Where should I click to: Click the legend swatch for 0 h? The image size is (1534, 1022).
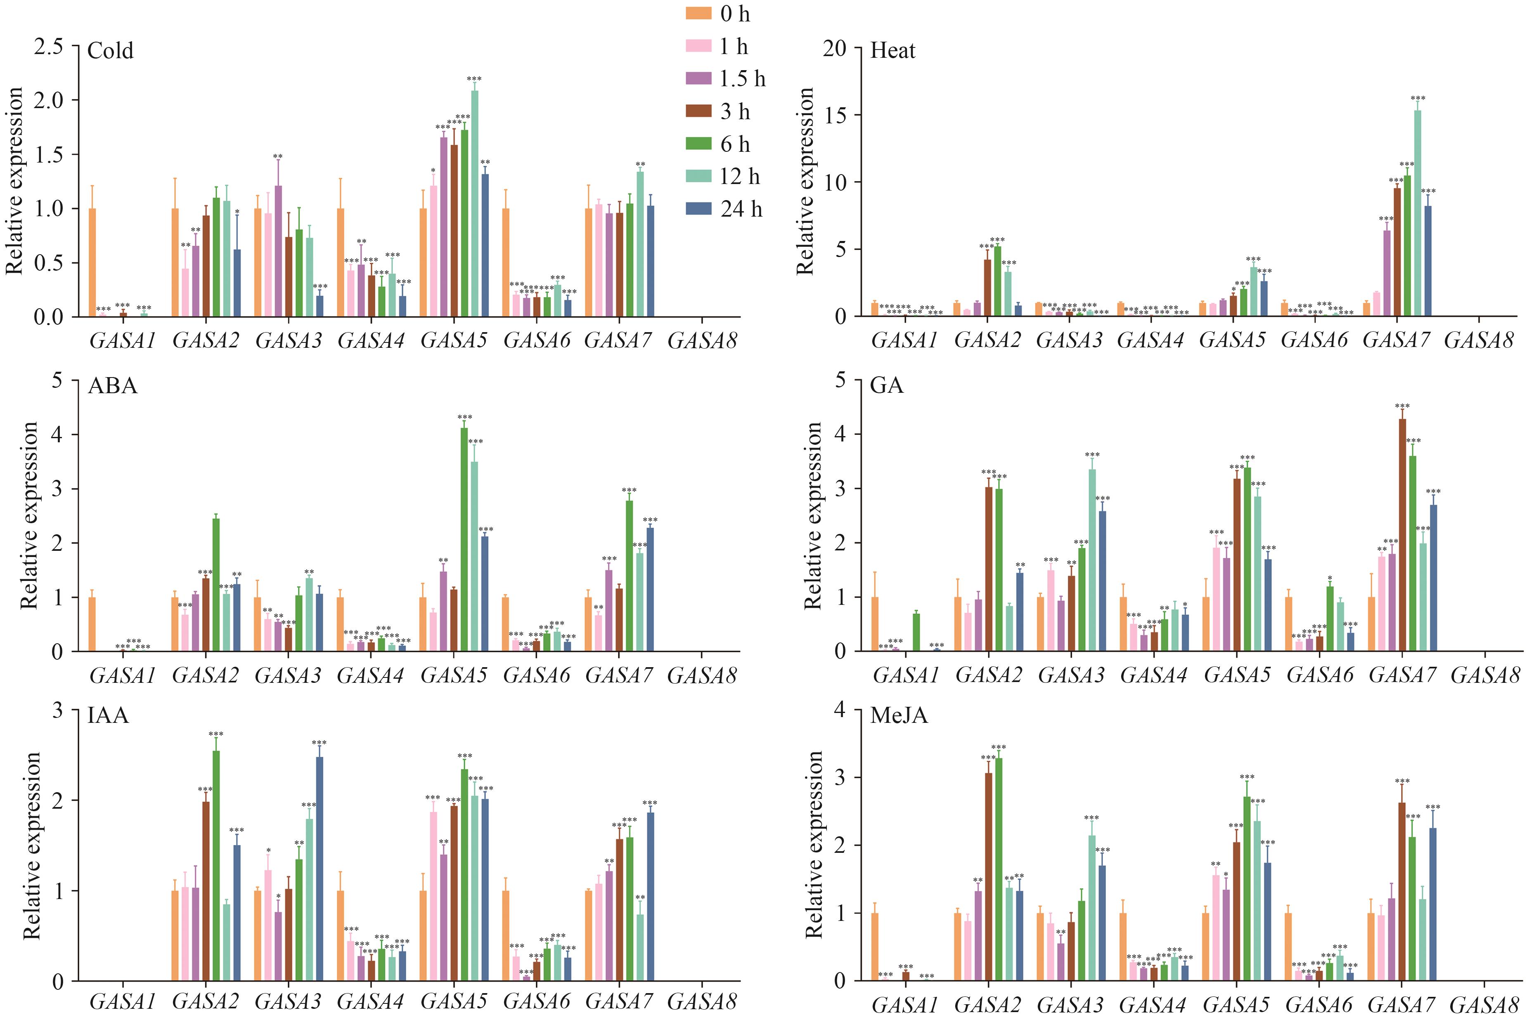click(x=698, y=14)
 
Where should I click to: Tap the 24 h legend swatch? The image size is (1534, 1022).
click(x=698, y=209)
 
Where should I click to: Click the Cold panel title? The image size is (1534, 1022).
click(x=110, y=51)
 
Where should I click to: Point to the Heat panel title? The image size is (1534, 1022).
click(x=892, y=51)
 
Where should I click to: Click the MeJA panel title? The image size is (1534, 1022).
click(x=898, y=716)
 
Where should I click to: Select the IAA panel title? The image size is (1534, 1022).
click(x=108, y=716)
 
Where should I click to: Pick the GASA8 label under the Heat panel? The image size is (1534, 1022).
click(x=1479, y=340)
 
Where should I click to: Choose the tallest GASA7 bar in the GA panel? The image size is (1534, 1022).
click(x=1402, y=534)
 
